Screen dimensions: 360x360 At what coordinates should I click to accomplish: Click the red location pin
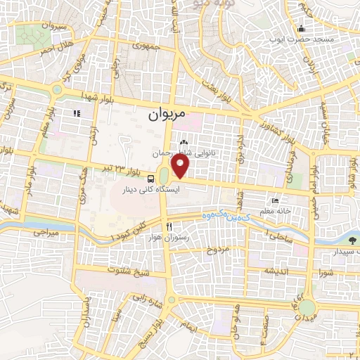click(x=181, y=166)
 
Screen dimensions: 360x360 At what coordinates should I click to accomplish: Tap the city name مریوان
click(x=168, y=112)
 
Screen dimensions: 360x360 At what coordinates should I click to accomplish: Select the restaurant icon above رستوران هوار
click(x=169, y=226)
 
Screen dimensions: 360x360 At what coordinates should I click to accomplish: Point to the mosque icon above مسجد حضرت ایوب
click(x=301, y=29)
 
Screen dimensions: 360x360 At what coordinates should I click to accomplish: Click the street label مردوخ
click(x=218, y=250)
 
